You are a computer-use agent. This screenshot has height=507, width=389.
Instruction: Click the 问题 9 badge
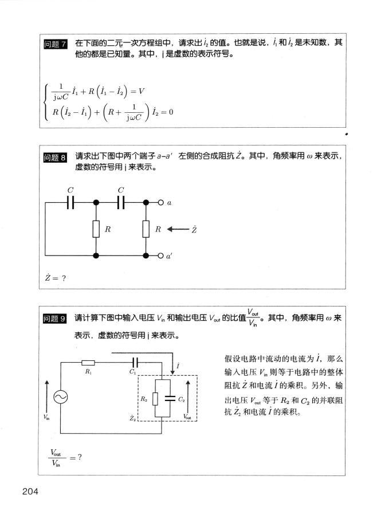pos(57,319)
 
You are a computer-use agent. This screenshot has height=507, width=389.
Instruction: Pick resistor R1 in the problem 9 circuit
pos(88,362)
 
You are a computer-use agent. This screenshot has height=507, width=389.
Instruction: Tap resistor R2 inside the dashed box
pos(155,399)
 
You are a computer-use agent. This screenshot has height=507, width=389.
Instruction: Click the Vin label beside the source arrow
pos(46,418)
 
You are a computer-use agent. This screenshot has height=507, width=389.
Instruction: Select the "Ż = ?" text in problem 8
pos(56,278)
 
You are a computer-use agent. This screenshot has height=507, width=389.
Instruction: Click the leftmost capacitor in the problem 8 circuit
pos(71,202)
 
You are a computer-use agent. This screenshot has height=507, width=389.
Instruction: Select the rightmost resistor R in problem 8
pos(147,230)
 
